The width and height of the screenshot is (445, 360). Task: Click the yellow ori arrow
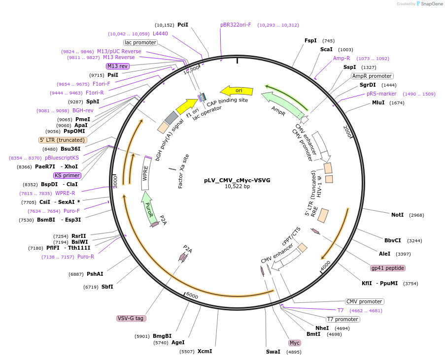(237, 91)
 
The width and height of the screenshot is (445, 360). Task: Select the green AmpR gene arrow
(281, 104)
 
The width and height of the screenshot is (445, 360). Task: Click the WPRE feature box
(146, 173)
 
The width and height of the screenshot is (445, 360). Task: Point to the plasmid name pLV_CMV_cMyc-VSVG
(237, 180)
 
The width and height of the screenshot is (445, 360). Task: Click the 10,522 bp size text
(237, 187)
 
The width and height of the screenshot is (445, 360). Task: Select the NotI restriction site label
(397, 215)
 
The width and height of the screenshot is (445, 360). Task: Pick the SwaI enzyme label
(273, 352)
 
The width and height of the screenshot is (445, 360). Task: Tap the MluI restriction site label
(378, 103)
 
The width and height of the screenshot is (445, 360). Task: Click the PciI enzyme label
(183, 25)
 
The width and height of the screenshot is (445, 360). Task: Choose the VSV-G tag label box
(131, 318)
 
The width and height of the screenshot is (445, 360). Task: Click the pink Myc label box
(295, 343)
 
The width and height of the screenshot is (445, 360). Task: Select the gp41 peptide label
(388, 268)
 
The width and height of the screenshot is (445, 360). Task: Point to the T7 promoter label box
(343, 319)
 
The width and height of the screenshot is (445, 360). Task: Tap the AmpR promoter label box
(372, 76)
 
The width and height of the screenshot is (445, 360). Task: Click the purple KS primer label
(67, 175)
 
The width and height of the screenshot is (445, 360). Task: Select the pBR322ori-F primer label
(236, 25)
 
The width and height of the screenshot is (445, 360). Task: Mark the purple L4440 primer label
(160, 33)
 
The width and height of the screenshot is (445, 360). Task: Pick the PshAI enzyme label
(95, 274)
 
